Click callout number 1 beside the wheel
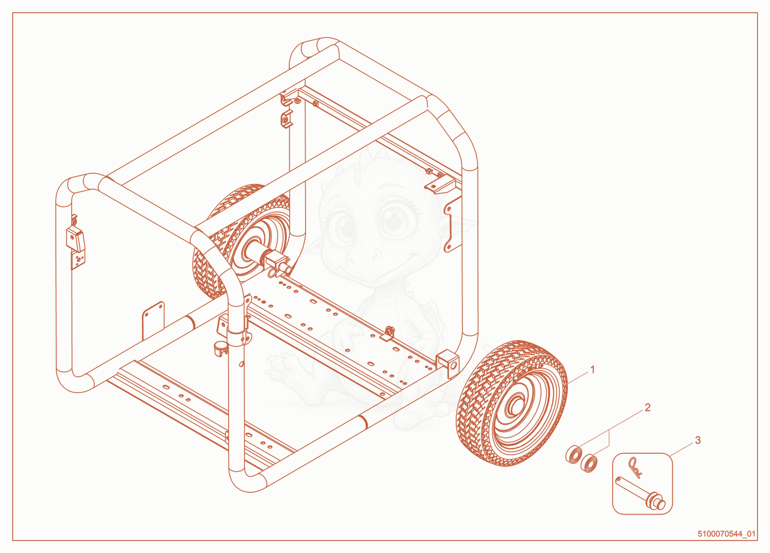pos(592,370)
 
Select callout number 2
pos(648,408)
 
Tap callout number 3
pos(698,440)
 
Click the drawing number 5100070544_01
pos(726,534)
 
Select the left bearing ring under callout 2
pos(574,454)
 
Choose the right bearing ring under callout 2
pos(589,463)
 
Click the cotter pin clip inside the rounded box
pos(635,468)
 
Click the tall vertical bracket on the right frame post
pos(453,225)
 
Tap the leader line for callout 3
pos(681,450)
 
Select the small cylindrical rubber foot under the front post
pos(220,349)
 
